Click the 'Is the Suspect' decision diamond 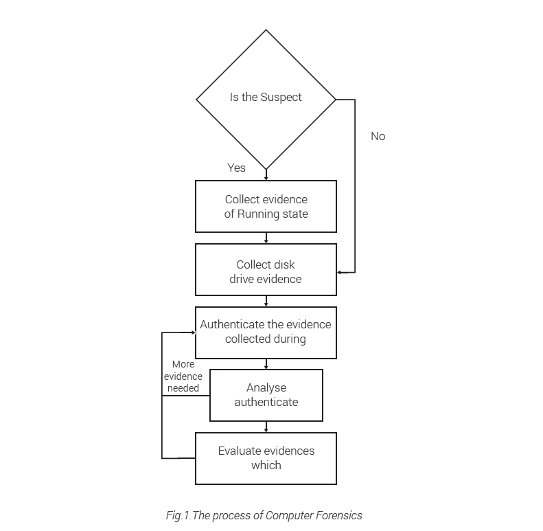(266, 99)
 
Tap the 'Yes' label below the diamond (236, 168)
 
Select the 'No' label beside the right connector (378, 136)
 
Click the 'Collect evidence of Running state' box (266, 206)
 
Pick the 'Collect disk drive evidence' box (266, 271)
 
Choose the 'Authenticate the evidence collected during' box (266, 332)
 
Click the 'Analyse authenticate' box (266, 395)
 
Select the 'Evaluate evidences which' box (266, 457)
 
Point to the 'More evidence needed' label (183, 376)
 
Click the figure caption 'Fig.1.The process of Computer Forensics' (264, 515)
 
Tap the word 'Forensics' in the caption (339, 515)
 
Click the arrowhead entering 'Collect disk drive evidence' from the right (339, 272)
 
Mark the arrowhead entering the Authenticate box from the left (193, 332)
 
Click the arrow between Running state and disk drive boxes (266, 238)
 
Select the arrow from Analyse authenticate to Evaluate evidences (266, 427)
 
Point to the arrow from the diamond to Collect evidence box (266, 174)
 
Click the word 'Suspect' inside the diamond (281, 97)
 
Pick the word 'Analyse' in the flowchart (266, 388)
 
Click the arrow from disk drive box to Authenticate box (266, 301)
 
